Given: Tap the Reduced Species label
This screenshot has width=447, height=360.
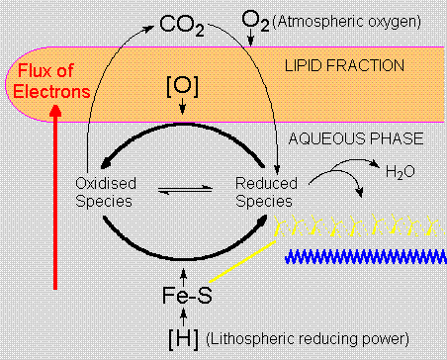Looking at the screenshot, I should tap(265, 192).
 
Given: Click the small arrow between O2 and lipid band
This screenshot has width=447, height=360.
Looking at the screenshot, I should tap(253, 38).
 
